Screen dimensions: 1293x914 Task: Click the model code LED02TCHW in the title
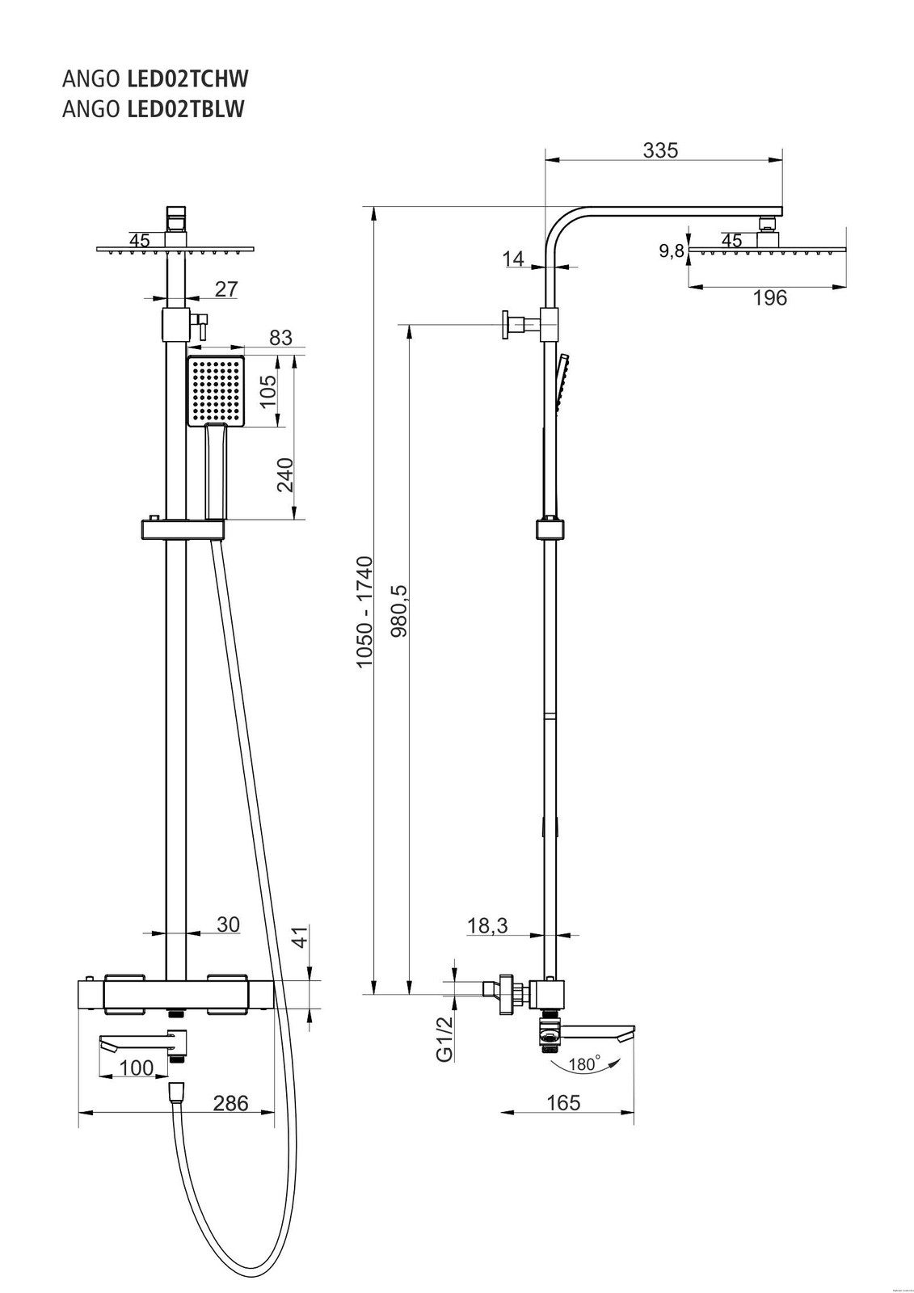tap(187, 79)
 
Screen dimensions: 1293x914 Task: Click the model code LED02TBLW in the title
tap(186, 109)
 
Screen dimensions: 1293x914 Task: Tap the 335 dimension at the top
tap(660, 150)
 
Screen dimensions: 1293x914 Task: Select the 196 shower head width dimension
tap(769, 298)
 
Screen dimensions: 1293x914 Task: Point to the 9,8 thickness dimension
tap(672, 251)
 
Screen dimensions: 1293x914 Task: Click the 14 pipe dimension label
tap(513, 259)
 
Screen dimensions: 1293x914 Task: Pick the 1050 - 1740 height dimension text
tap(365, 611)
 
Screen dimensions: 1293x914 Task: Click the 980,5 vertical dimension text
tap(398, 611)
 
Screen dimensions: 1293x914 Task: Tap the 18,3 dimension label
tap(487, 925)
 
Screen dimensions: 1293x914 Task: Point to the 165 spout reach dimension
tap(563, 1102)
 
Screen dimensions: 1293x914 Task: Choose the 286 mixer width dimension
tap(230, 1102)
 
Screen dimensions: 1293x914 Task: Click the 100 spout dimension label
tap(136, 1068)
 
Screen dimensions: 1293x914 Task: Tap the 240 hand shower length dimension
tap(284, 474)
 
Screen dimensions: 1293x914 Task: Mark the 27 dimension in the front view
tap(227, 289)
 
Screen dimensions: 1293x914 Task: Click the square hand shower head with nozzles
tap(215, 391)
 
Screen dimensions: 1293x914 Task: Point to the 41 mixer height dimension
tap(300, 938)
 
